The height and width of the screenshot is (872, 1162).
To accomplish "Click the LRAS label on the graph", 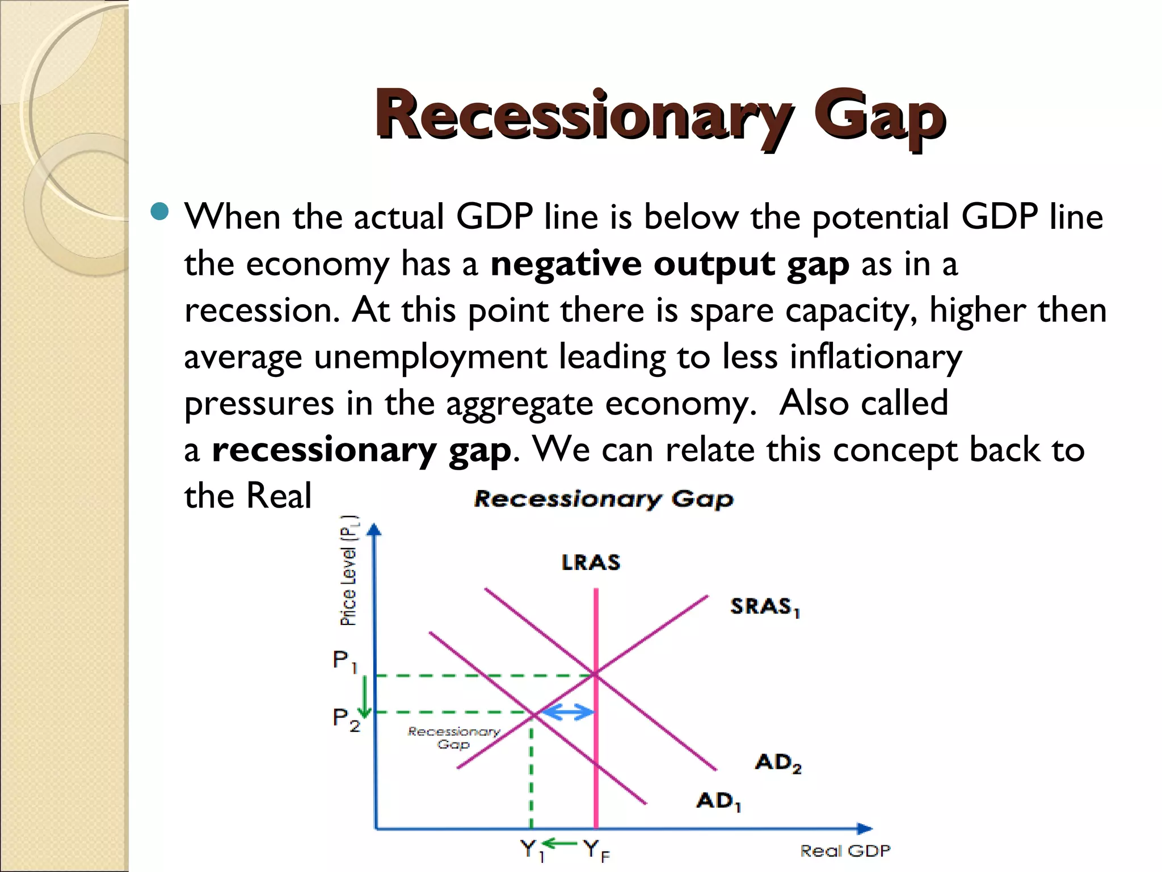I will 591,563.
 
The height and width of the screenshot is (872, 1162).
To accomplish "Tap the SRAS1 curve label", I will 764,607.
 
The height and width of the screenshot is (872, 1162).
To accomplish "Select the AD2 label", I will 778,762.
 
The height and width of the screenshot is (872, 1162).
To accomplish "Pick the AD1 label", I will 718,801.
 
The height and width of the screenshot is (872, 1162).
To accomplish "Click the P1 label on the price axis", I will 344,661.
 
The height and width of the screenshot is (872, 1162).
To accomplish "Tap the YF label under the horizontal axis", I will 596,850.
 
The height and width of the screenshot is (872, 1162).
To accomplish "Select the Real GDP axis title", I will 845,850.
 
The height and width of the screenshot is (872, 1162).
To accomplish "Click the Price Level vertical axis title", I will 349,571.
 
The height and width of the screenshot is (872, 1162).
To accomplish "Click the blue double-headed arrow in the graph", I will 567,712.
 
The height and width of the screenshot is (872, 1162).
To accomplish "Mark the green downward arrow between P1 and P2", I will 365,694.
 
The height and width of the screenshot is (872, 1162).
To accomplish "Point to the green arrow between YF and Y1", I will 560,843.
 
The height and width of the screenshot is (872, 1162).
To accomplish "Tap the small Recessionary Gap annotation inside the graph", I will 454,737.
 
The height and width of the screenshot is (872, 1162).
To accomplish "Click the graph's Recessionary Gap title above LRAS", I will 604,499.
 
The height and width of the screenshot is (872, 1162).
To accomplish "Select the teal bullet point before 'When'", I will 161,212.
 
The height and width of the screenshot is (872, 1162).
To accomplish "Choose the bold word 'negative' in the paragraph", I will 566,264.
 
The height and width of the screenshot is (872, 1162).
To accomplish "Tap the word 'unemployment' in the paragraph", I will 431,357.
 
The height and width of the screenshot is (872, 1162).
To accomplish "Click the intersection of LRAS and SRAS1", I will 596,674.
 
